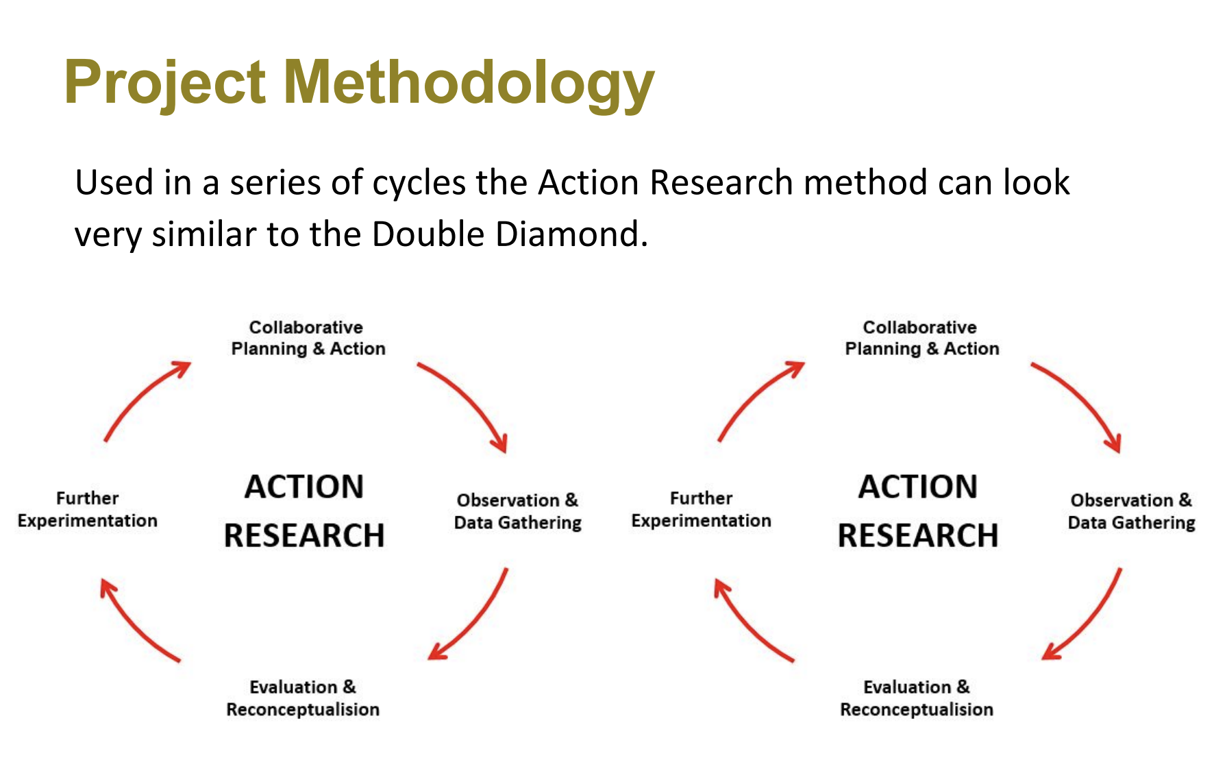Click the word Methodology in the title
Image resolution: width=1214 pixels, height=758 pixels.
tap(469, 82)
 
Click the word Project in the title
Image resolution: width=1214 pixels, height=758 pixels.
tap(164, 82)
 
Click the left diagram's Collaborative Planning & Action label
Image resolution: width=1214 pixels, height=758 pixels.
tap(308, 338)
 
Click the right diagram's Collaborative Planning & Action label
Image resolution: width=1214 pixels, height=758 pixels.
tap(921, 338)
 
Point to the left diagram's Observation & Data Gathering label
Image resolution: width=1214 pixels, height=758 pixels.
tap(517, 511)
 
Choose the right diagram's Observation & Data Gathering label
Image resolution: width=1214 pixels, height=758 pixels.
tap(1131, 511)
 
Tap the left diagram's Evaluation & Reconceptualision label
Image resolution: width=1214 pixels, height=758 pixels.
tap(303, 698)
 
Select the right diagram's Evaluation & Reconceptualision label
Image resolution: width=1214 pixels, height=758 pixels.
tap(917, 698)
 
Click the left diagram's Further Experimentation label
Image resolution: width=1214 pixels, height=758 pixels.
tap(88, 509)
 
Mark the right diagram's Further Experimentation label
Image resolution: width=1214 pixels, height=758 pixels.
tap(701, 509)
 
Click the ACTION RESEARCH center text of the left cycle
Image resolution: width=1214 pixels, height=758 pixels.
tap(304, 511)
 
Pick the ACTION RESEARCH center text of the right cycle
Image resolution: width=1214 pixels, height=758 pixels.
tap(918, 511)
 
